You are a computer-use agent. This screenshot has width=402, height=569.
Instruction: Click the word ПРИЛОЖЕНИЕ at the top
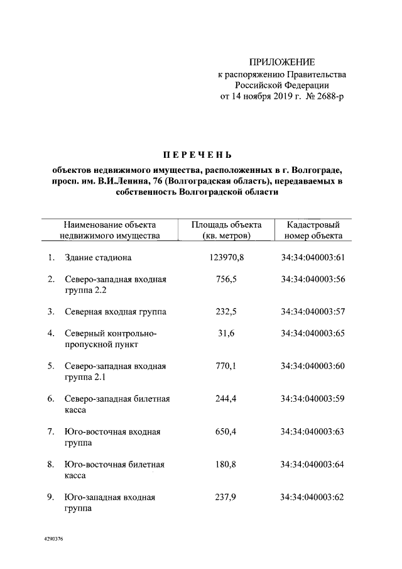click(281, 62)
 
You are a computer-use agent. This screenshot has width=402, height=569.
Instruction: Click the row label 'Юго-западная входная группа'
click(109, 503)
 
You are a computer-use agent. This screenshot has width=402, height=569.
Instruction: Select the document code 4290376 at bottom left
click(54, 539)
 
